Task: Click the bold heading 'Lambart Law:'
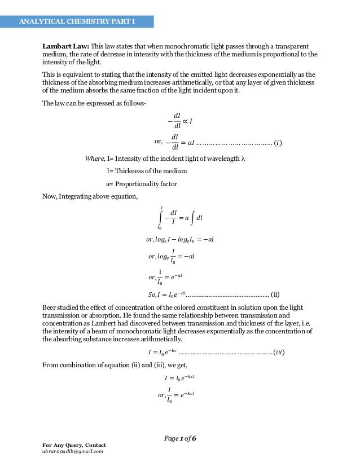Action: [66, 46]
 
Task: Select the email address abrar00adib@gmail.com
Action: [72, 451]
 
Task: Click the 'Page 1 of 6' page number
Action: [180, 439]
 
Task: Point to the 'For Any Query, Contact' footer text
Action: [74, 445]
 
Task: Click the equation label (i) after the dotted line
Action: [278, 142]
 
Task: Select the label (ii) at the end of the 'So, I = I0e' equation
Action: [275, 294]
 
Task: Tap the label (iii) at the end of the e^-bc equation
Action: [278, 353]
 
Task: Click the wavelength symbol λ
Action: [243, 159]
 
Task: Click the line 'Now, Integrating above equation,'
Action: [90, 196]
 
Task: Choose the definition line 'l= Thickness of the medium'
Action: [146, 171]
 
